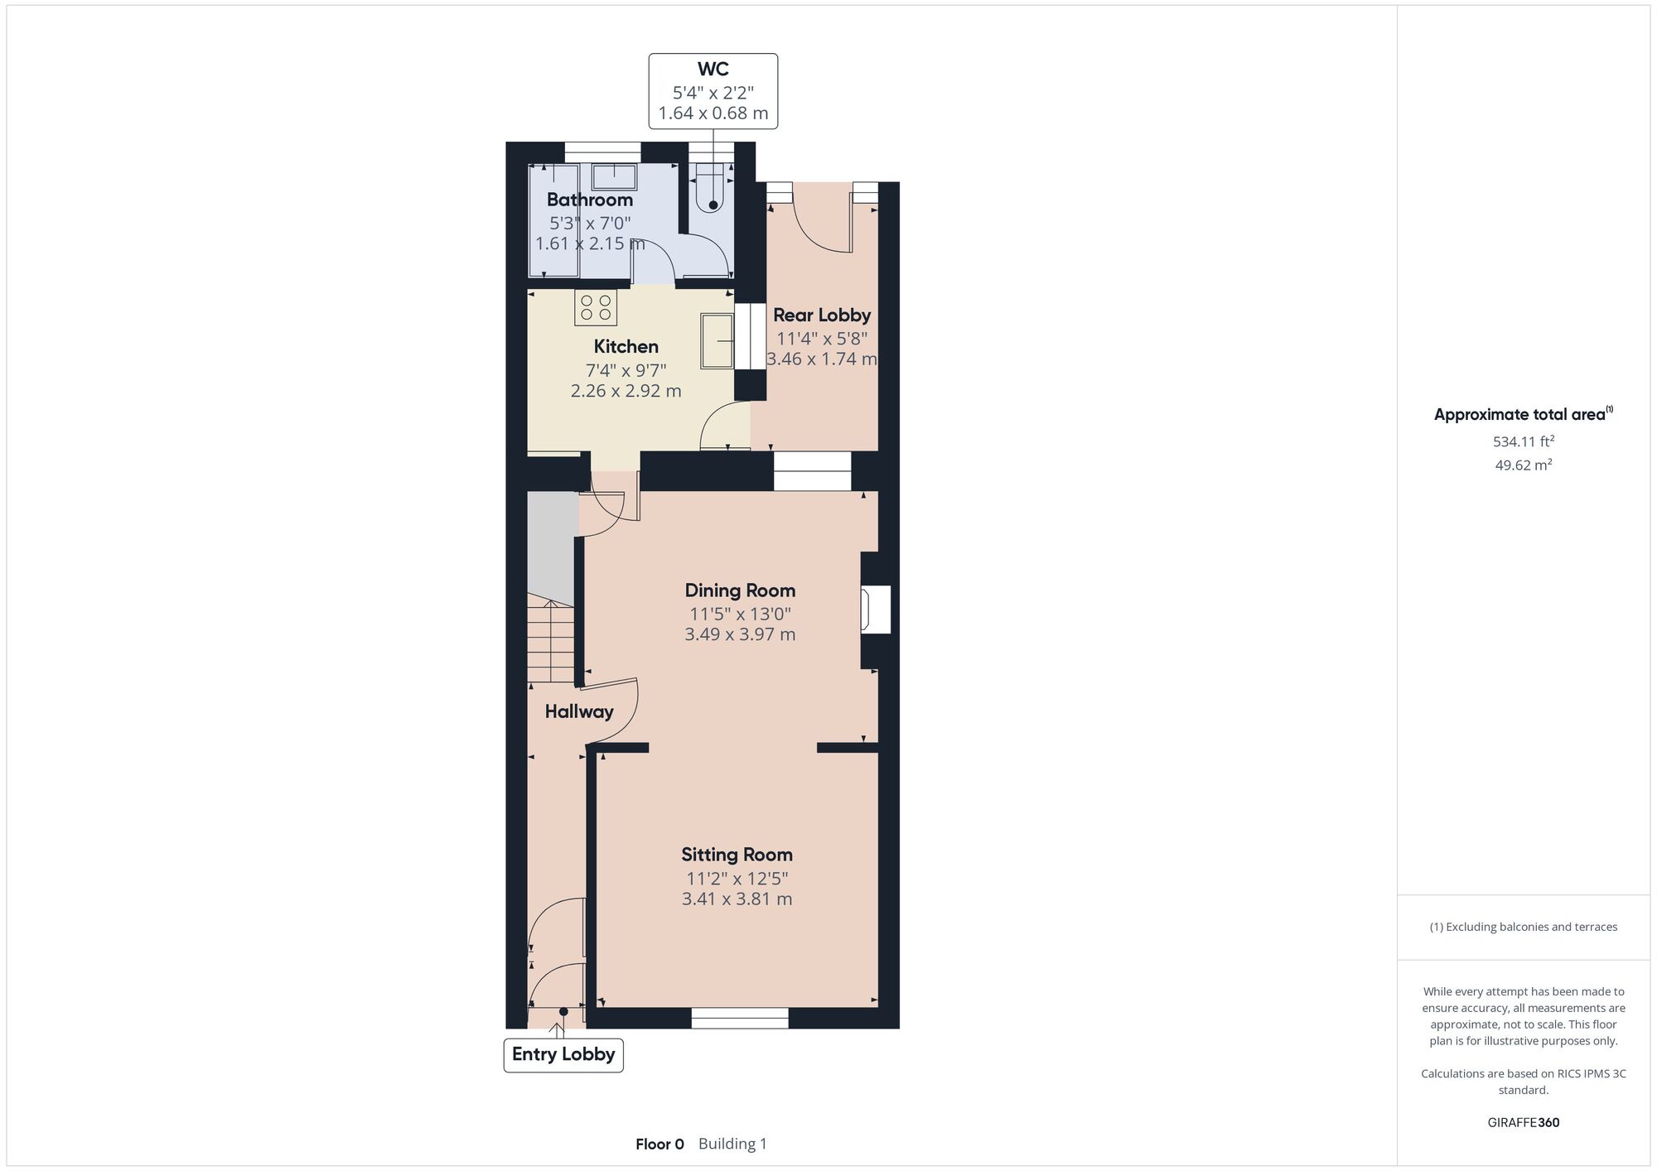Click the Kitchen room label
pyautogui.click(x=626, y=346)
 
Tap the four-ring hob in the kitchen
pyautogui.click(x=596, y=307)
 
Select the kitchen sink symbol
pyautogui.click(x=717, y=340)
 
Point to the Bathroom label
pyautogui.click(x=590, y=200)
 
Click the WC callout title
pyautogui.click(x=713, y=70)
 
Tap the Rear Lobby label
pyautogui.click(x=822, y=315)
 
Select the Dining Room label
pyautogui.click(x=740, y=590)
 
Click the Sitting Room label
pyautogui.click(x=737, y=855)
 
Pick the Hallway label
pyautogui.click(x=579, y=711)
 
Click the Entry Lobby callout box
pyautogui.click(x=563, y=1055)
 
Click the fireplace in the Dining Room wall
pyautogui.click(x=876, y=610)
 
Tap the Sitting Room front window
pyautogui.click(x=740, y=1018)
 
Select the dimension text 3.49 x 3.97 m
pyautogui.click(x=740, y=634)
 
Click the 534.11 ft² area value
pyautogui.click(x=1524, y=441)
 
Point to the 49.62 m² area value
pyautogui.click(x=1524, y=465)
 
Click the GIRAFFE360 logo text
pyautogui.click(x=1524, y=1123)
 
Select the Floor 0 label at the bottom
pyautogui.click(x=659, y=1144)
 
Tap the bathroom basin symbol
pyautogui.click(x=614, y=177)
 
